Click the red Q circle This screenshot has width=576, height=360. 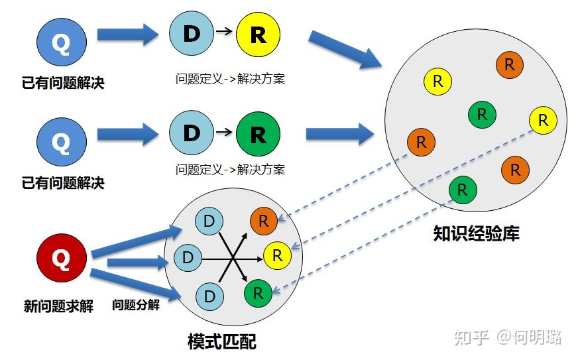[x=62, y=258]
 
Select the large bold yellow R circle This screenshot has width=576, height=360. [x=259, y=34]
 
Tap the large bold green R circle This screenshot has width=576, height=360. [x=259, y=134]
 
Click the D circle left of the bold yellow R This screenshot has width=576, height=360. [x=192, y=33]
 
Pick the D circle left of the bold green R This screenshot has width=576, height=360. [x=192, y=133]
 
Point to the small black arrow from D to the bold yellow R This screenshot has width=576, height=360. [x=224, y=31]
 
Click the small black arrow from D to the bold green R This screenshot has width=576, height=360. [x=224, y=131]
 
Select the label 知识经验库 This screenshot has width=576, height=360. [x=476, y=233]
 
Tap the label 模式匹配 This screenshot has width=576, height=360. [x=222, y=341]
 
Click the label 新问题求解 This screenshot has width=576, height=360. [x=59, y=306]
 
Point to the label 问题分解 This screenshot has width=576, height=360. [x=136, y=304]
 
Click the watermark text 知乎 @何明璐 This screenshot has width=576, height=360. [x=508, y=337]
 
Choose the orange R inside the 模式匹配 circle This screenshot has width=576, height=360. [x=264, y=221]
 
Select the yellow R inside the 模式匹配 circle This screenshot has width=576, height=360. [x=277, y=256]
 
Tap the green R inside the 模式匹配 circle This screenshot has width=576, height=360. [x=259, y=293]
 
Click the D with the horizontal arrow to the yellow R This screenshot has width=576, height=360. [x=188, y=257]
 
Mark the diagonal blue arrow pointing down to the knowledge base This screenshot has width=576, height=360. [x=345, y=50]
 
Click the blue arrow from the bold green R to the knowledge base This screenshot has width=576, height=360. [x=340, y=134]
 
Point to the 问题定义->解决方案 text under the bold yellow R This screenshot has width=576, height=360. [x=230, y=79]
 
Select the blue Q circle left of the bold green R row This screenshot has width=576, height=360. [x=62, y=142]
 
